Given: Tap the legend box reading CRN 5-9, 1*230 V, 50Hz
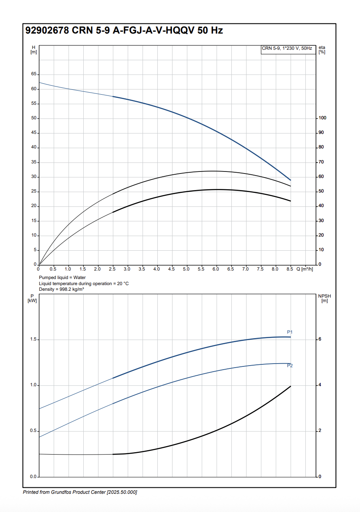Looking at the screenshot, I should [287, 49].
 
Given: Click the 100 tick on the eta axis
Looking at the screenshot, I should [322, 118].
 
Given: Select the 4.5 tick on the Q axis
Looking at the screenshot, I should [171, 269].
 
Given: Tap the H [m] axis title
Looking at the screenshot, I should [34, 50].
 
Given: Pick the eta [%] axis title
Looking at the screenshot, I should [322, 50].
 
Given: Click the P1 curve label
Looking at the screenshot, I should [290, 332].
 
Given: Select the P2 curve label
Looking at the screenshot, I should [290, 366].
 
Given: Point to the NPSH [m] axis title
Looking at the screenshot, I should [324, 298].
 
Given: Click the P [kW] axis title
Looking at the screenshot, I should [32, 298].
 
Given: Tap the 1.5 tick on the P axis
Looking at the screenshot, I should [34, 340].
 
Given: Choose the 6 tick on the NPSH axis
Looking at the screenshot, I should [320, 339].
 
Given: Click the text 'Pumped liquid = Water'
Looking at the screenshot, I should [62, 278].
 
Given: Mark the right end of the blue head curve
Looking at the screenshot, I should [290, 180].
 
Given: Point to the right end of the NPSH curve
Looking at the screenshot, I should [290, 386].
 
